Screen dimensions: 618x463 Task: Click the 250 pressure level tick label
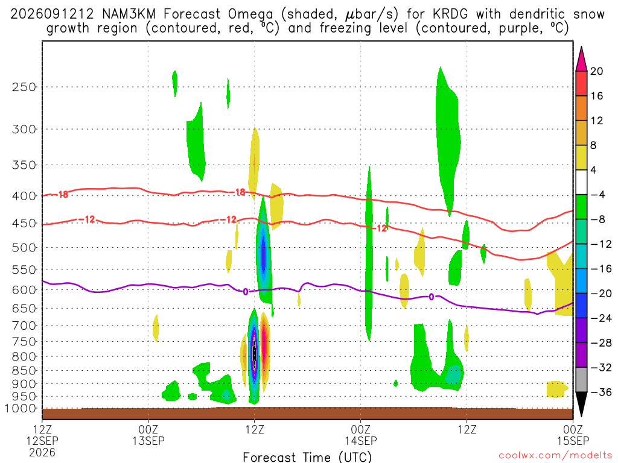[24, 87]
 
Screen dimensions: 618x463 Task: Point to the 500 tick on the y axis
[24, 248]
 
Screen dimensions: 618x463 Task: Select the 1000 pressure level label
[20, 409]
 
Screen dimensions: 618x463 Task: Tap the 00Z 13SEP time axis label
[148, 435]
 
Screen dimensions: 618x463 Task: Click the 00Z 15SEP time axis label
[573, 435]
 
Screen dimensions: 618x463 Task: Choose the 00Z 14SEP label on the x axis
[361, 435]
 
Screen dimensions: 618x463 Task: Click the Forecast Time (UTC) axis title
[307, 457]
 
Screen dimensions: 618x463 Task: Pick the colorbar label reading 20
[597, 71]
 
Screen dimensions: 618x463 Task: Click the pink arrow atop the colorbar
[581, 59]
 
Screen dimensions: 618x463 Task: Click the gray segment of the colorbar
[581, 380]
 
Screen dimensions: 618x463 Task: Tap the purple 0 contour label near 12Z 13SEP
[246, 292]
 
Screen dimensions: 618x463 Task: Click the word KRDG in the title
[450, 14]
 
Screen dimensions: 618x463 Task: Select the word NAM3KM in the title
[129, 14]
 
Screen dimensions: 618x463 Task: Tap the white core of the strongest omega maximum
[255, 351]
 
